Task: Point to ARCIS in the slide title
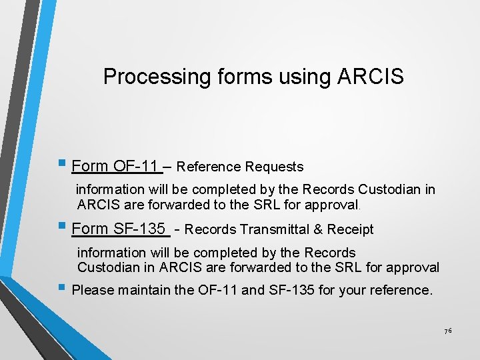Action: tap(370, 77)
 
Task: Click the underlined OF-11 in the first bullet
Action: tap(136, 166)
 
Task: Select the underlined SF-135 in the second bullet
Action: tap(140, 229)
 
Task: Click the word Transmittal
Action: tap(274, 230)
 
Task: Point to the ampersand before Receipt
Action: tap(317, 230)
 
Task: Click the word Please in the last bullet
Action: tap(91, 291)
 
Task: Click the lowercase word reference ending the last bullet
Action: tap(401, 291)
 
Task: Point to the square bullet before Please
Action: tap(61, 289)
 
